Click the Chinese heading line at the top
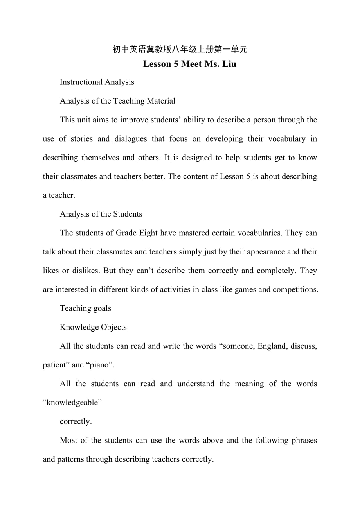pyautogui.click(x=180, y=49)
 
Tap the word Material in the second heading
pyautogui.click(x=161, y=101)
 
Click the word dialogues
pyautogui.click(x=139, y=139)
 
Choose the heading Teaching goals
pyautogui.click(x=85, y=308)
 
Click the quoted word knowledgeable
pyautogui.click(x=72, y=403)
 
